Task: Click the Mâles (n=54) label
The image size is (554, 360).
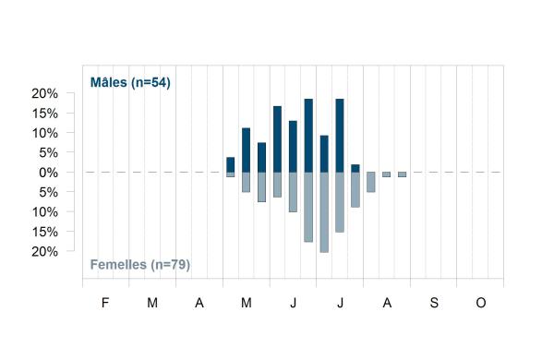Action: pos(130,82)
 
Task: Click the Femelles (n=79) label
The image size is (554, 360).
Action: pos(140,264)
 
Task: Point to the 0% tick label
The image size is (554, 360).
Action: pos(48,173)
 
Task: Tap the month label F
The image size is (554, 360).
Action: pos(105,303)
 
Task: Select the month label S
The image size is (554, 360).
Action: pos(434,303)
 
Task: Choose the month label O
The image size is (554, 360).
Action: pos(481,303)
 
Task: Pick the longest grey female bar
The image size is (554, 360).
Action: pos(324,212)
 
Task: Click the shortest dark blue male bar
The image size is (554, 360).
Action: pos(355,169)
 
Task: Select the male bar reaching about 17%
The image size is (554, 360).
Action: pos(277,139)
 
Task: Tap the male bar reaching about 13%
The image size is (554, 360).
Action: pos(293,147)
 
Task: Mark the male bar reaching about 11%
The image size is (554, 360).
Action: pos(246,150)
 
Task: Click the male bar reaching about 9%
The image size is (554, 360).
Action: pos(324,154)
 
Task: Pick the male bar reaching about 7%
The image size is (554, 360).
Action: pos(262,158)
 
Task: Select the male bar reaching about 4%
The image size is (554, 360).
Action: pos(230,164)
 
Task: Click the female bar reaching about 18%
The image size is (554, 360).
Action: pos(308,207)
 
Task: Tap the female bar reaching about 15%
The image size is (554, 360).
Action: pos(340,202)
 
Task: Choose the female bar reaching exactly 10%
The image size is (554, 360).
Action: pos(293,192)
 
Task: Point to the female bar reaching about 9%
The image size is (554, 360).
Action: pos(355,189)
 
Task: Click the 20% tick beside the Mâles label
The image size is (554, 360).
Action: pos(44,93)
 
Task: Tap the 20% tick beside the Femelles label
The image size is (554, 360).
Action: pos(44,252)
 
